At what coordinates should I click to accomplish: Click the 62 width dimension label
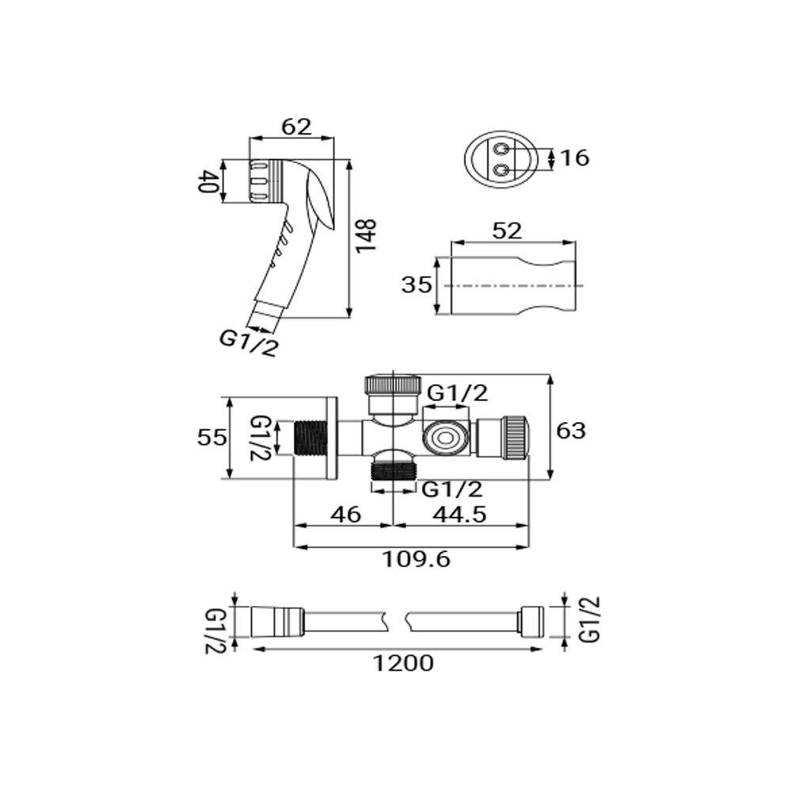coord(296,127)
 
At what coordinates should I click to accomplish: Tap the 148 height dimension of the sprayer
coord(366,236)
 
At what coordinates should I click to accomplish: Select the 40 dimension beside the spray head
coord(207,181)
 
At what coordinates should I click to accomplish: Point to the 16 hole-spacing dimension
coord(575,158)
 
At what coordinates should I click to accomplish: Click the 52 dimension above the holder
coord(507,230)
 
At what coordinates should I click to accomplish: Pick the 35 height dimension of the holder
coord(417,285)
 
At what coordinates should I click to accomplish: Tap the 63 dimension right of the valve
coord(571,431)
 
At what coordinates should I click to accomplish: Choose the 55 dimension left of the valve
coord(212,437)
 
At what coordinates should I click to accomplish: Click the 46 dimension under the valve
coord(346,515)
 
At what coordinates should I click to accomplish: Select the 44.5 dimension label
coord(459,515)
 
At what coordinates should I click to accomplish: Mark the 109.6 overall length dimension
coord(417,560)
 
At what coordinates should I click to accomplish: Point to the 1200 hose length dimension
coord(403,663)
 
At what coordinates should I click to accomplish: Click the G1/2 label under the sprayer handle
coord(249,344)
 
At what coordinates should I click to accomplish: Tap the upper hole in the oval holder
coord(502,150)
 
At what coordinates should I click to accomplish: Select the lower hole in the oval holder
coord(502,169)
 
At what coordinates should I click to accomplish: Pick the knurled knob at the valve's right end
coord(516,437)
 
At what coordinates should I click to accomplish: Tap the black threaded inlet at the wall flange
coord(310,437)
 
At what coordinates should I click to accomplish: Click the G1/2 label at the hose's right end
coord(590,620)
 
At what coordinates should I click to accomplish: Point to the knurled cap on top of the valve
coord(393,384)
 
